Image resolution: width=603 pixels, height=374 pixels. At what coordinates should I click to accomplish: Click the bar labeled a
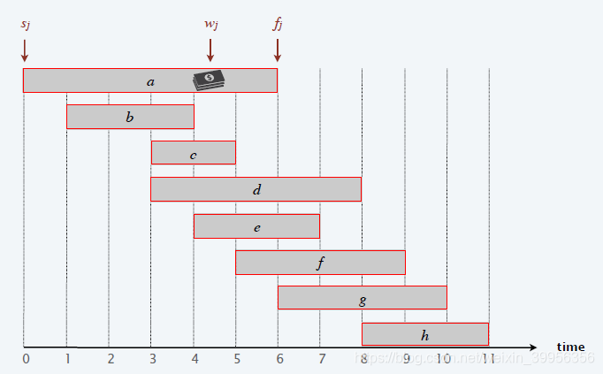[150, 80]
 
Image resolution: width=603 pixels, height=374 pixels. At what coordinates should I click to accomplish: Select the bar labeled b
[130, 117]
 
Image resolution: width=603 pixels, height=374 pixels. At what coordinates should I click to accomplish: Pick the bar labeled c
[193, 153]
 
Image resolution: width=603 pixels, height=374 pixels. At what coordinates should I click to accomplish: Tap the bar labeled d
[256, 189]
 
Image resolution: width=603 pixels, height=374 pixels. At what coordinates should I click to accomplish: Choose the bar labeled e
[256, 226]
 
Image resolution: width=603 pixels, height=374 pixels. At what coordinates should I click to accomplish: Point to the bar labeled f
[320, 263]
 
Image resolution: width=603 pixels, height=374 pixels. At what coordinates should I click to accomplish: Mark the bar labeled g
[363, 299]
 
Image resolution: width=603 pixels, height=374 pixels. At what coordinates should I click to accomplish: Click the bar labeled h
[425, 334]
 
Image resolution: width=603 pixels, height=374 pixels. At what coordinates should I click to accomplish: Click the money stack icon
[210, 80]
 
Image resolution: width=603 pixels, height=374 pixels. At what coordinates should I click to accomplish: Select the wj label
[210, 23]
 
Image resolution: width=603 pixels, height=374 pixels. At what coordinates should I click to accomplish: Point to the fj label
[277, 23]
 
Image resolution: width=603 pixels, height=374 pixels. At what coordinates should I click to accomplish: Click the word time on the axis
[570, 347]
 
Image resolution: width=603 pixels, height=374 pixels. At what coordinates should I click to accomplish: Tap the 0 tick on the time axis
[26, 359]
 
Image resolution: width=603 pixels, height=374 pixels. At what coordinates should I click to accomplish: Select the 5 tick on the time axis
[236, 359]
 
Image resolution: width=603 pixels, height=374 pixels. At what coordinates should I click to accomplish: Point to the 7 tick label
[321, 359]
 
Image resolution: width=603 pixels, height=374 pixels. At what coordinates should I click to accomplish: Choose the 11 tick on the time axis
[488, 359]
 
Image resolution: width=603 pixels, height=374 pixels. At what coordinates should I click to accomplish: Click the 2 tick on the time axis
[110, 359]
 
